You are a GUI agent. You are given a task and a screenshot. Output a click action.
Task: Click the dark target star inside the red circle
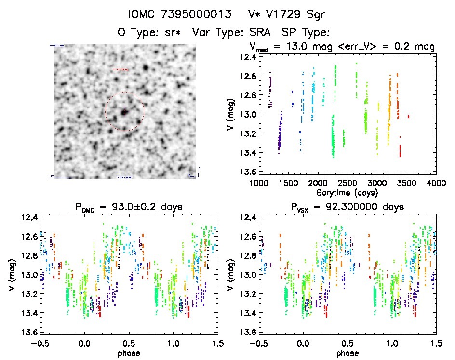click(124, 112)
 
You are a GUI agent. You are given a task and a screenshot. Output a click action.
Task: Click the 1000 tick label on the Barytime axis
click(258, 183)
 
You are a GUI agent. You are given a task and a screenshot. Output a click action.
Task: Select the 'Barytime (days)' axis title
click(347, 192)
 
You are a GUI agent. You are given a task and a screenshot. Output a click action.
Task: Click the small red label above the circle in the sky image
click(121, 70)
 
